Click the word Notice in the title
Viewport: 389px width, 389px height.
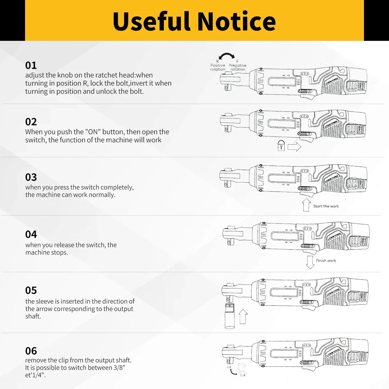[237, 21]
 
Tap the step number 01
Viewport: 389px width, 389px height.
[31, 65]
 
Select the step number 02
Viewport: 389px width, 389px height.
[31, 122]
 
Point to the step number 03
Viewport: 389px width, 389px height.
[31, 177]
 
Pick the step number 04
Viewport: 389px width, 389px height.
[31, 234]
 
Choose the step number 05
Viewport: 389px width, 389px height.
[31, 290]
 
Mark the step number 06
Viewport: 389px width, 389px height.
[31, 351]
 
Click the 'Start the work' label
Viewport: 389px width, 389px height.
[326, 206]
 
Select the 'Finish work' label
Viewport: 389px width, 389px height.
[326, 261]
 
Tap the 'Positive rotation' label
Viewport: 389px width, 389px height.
[218, 67]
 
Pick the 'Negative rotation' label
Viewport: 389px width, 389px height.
[238, 67]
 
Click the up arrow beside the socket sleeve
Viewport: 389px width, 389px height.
[243, 316]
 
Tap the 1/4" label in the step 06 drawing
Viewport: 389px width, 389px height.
[243, 375]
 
